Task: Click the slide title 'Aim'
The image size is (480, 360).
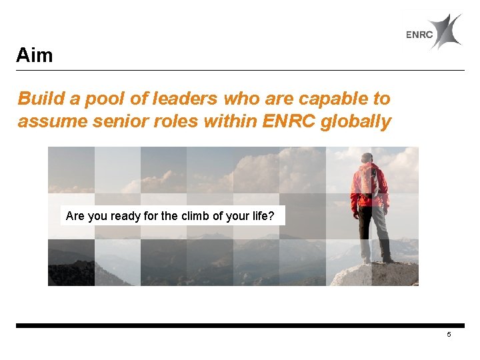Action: pyautogui.click(x=34, y=55)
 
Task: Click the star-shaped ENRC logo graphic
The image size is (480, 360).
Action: pyautogui.click(x=445, y=31)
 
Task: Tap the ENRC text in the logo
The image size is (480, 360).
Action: pyautogui.click(x=419, y=35)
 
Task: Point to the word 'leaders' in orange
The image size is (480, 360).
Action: pyautogui.click(x=175, y=99)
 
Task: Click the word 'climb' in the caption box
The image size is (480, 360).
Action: pyautogui.click(x=197, y=216)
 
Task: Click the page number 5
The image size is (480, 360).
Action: pyautogui.click(x=449, y=335)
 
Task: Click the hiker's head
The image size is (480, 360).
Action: pyautogui.click(x=367, y=158)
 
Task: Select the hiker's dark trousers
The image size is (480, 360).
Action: pyautogui.click(x=370, y=230)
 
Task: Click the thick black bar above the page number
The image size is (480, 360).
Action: pyautogui.click(x=240, y=325)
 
